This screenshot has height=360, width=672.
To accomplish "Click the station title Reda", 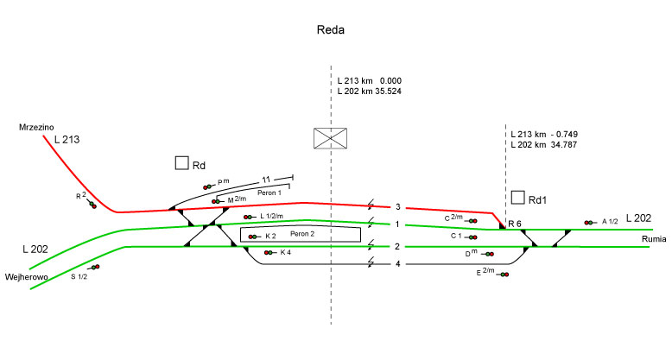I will pyautogui.click(x=333, y=30).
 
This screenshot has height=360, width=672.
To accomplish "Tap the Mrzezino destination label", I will pyautogui.click(x=37, y=127).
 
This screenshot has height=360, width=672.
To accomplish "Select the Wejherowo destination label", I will pyautogui.click(x=25, y=277).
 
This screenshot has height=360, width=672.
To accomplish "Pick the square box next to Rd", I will pyautogui.click(x=182, y=163).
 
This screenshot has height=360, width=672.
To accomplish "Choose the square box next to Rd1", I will pyautogui.click(x=518, y=199).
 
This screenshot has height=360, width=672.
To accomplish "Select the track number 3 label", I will pyautogui.click(x=398, y=207).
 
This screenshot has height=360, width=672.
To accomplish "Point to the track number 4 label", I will pyautogui.click(x=398, y=263).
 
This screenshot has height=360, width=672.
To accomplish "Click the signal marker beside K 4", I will pyautogui.click(x=265, y=253).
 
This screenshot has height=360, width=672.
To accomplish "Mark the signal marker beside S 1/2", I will pyautogui.click(x=93, y=268).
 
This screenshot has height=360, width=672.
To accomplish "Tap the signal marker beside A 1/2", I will pyautogui.click(x=590, y=223).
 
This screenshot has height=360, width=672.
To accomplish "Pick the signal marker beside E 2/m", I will pyautogui.click(x=502, y=275).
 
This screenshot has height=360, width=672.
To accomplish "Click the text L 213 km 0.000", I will pyautogui.click(x=369, y=80).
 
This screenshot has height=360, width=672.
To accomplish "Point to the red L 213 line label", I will pyautogui.click(x=67, y=139).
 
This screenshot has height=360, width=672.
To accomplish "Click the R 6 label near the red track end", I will pyautogui.click(x=515, y=224).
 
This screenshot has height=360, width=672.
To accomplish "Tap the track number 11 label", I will pyautogui.click(x=267, y=180).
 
